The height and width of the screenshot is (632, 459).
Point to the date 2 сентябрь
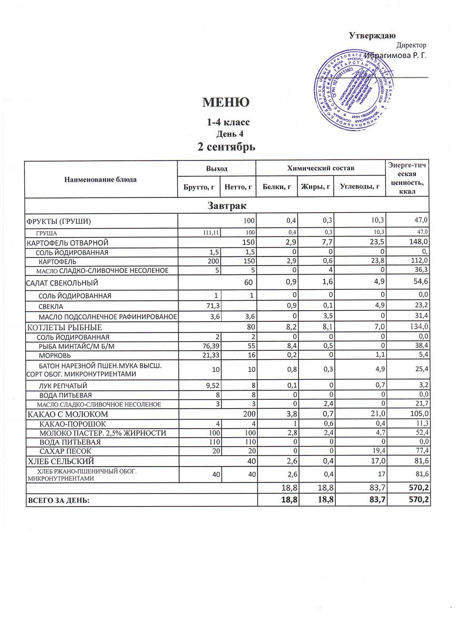[x=226, y=146]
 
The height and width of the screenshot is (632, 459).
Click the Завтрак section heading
[x=228, y=204]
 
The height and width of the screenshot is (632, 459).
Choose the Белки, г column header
[x=276, y=186]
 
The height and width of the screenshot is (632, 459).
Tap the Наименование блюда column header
[x=100, y=180]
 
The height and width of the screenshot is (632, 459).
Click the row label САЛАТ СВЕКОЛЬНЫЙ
[x=62, y=283]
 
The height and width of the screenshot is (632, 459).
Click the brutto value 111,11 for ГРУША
[x=211, y=232]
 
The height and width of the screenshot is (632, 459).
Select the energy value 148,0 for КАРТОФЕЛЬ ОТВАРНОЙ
[x=419, y=242]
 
